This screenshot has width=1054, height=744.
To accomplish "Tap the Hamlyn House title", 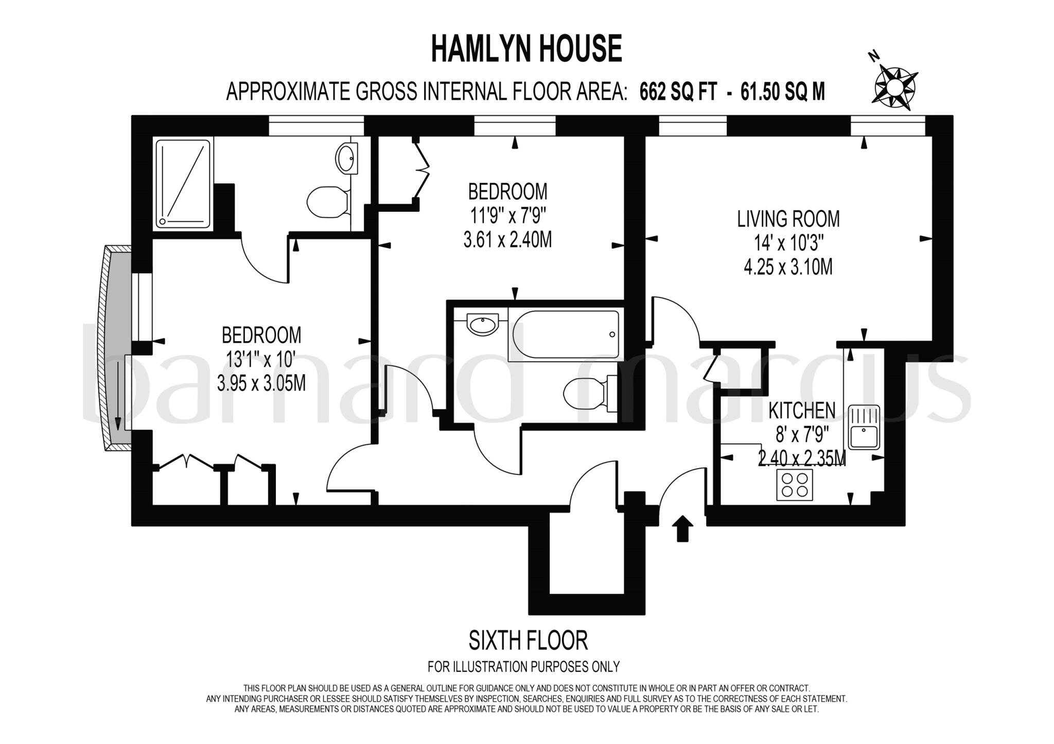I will click(x=526, y=49).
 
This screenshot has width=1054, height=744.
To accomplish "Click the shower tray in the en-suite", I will click(x=183, y=184).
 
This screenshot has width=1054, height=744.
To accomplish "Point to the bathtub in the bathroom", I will click(x=565, y=334).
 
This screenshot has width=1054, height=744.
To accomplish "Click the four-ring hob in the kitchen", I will click(x=794, y=485).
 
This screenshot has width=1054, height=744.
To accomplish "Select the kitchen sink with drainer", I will click(x=864, y=427).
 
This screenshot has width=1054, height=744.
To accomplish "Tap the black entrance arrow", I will click(x=682, y=528).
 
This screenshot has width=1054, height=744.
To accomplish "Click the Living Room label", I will click(x=788, y=219).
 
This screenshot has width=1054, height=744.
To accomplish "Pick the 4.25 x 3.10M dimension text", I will click(x=788, y=267).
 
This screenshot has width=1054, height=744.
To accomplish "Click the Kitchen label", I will click(x=801, y=411).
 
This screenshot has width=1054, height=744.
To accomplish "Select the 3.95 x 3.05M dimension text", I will click(x=261, y=383).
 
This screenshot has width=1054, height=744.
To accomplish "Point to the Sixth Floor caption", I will click(x=528, y=641).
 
